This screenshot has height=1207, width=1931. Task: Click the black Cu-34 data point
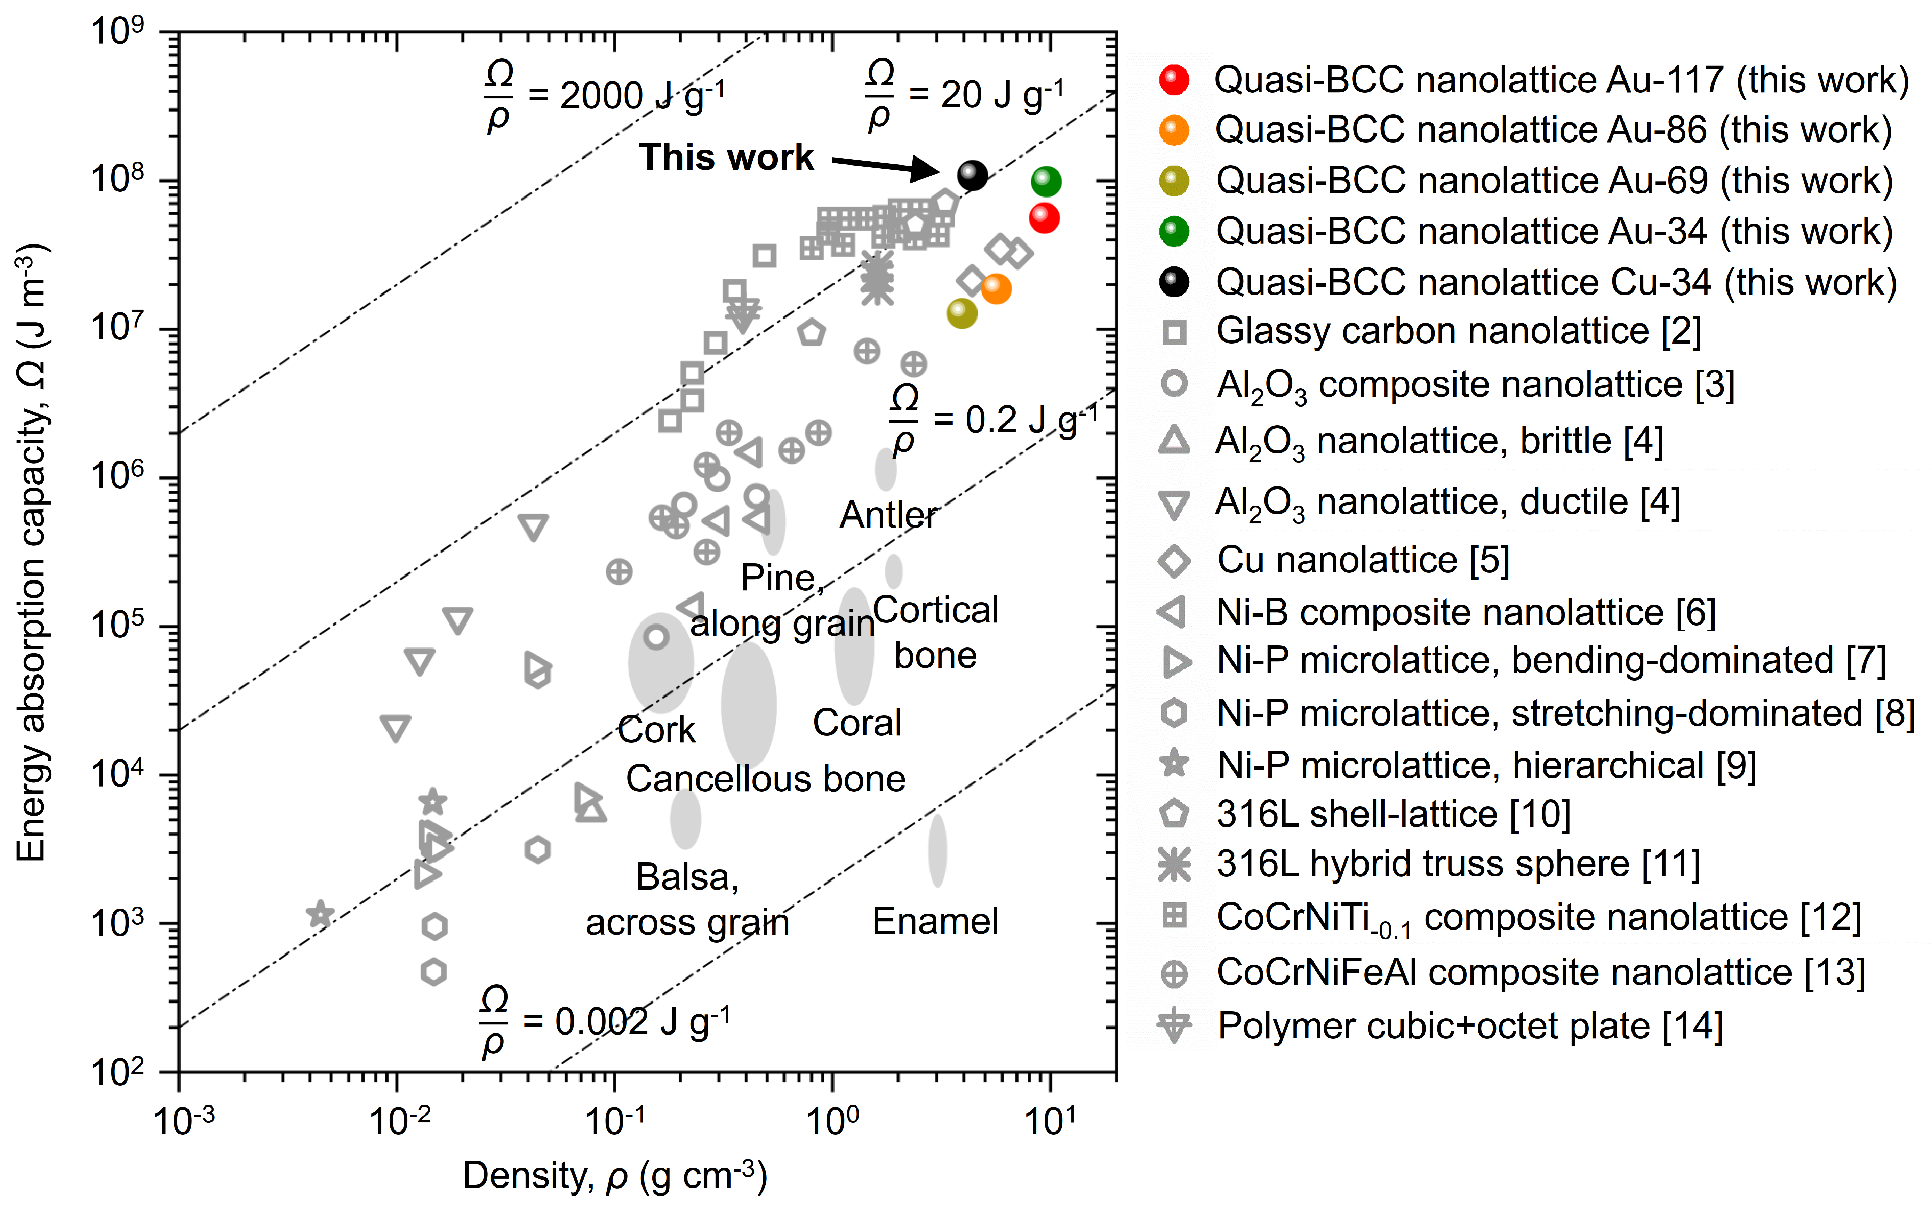click(x=972, y=175)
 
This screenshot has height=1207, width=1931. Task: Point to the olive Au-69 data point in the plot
click(x=961, y=313)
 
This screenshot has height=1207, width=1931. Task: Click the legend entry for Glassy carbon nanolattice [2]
click(x=1458, y=331)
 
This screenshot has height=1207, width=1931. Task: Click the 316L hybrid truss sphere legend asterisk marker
click(x=1174, y=864)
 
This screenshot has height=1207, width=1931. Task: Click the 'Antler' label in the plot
click(x=888, y=516)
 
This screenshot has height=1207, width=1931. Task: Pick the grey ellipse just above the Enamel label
click(x=937, y=850)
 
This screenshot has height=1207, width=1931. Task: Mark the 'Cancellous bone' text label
click(x=765, y=779)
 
